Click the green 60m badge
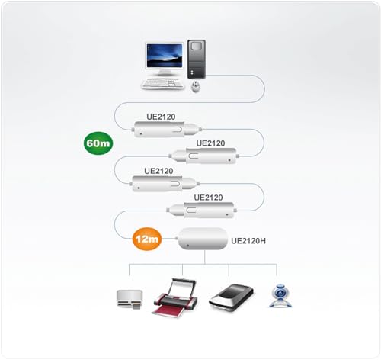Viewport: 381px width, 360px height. pos(98,142)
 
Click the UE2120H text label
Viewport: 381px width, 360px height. pos(249,240)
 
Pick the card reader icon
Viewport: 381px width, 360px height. pos(128,299)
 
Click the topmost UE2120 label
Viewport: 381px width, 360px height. pos(161,117)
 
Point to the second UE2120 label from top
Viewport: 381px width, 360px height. pos(210,143)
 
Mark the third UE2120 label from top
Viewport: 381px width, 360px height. pos(158,171)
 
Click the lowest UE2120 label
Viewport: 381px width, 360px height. pos(208,198)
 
